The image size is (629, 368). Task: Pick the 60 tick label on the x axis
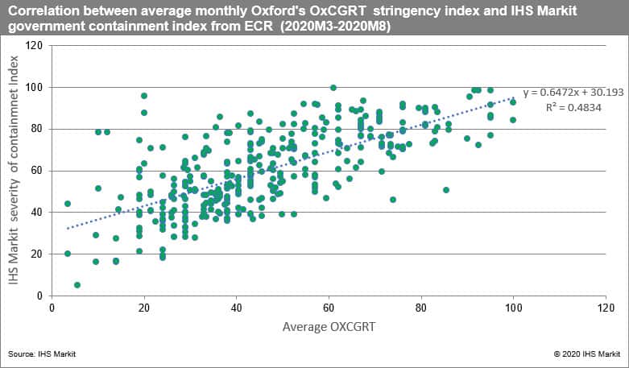coord(329,308)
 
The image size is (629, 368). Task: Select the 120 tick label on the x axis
coord(606,308)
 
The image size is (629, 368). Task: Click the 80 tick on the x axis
coord(421,308)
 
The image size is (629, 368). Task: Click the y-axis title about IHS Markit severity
coord(13,170)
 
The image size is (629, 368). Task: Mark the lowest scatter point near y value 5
coord(77,285)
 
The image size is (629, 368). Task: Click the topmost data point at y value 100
coord(333,87)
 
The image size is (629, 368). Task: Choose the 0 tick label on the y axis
coord(38,296)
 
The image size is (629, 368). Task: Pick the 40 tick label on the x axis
coord(236,308)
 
